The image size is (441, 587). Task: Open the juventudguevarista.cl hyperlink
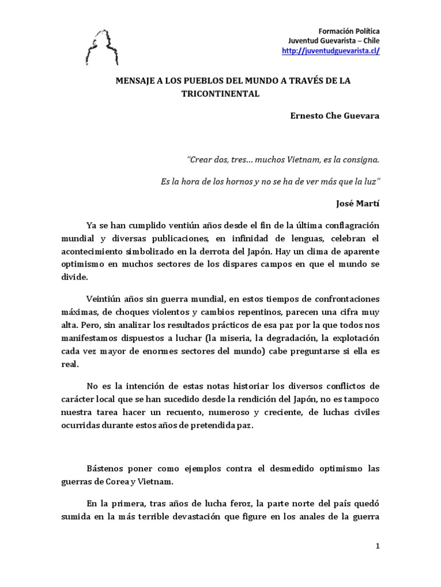331,51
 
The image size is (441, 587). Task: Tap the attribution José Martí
357,202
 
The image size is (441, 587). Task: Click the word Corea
138,481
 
